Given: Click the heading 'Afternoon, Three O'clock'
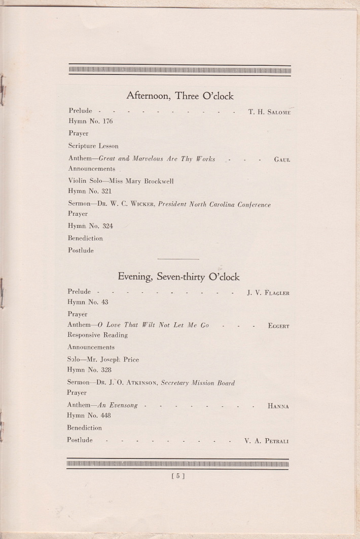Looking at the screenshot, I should tap(179, 95).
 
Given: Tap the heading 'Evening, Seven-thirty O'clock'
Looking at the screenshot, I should tap(178, 277).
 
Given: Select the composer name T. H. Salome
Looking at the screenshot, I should tap(269, 112).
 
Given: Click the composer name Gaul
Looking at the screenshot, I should tap(282, 160).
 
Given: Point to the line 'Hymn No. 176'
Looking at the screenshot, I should tap(90, 121).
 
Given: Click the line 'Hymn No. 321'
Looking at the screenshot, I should tap(90, 191).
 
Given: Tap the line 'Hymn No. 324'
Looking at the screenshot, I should tap(90, 226).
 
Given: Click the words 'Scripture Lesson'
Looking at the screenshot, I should tap(93, 146).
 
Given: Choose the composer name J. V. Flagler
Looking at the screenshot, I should tap(268, 293).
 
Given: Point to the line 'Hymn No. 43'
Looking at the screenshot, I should tap(88, 302).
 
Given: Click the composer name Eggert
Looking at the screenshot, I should tap(278, 326).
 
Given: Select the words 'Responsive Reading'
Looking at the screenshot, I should tap(97, 335).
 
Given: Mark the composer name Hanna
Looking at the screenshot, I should tap(278, 406).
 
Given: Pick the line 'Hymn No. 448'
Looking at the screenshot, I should tap(89, 415).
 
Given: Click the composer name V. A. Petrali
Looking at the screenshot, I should tap(266, 441).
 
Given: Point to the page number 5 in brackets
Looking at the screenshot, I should tap(178, 476).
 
